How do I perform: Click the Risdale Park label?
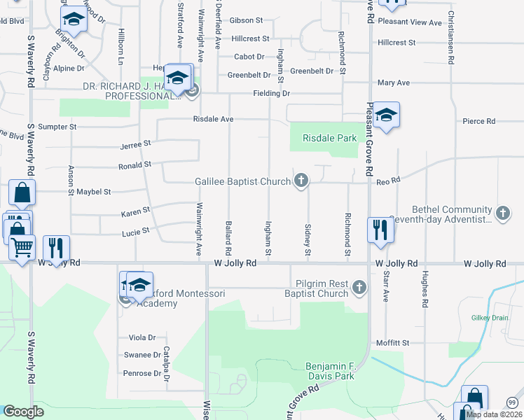(x=330, y=139)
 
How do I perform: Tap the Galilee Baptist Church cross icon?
(x=301, y=181)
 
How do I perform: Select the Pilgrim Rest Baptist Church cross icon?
(x=359, y=287)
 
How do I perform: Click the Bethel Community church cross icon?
(x=502, y=213)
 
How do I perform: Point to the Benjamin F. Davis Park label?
(x=331, y=371)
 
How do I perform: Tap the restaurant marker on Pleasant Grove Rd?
(x=380, y=230)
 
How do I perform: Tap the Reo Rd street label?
(x=388, y=181)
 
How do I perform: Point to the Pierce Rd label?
(x=479, y=121)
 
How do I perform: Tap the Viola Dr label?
(x=142, y=337)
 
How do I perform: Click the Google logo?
(x=23, y=412)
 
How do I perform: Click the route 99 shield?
(x=512, y=402)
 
